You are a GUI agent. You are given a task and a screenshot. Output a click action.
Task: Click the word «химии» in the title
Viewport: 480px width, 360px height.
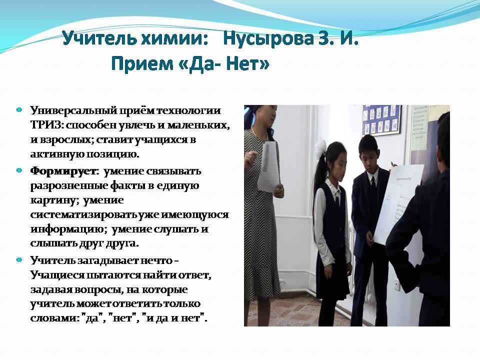(x=175, y=39)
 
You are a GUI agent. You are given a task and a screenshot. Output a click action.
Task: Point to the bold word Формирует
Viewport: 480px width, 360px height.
(x=63, y=171)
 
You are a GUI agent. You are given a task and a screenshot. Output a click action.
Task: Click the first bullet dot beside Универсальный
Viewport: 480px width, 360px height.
(x=19, y=109)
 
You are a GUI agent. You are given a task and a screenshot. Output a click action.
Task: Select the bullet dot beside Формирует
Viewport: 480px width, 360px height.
(x=19, y=170)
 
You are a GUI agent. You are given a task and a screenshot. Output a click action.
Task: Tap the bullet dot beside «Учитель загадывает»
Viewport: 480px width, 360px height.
(x=19, y=260)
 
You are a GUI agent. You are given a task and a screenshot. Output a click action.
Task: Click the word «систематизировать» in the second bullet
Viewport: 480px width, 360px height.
(x=83, y=215)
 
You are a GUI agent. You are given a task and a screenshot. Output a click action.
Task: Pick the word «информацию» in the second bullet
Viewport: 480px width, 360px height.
(x=66, y=229)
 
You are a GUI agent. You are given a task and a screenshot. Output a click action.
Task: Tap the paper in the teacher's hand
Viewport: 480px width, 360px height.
(x=268, y=167)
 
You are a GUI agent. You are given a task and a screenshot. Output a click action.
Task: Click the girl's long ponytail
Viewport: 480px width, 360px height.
(x=317, y=186)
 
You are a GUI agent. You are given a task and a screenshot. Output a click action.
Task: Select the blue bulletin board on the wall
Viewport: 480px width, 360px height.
(x=381, y=119)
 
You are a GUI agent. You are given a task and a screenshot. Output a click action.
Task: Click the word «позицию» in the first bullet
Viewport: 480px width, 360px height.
(x=113, y=154)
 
